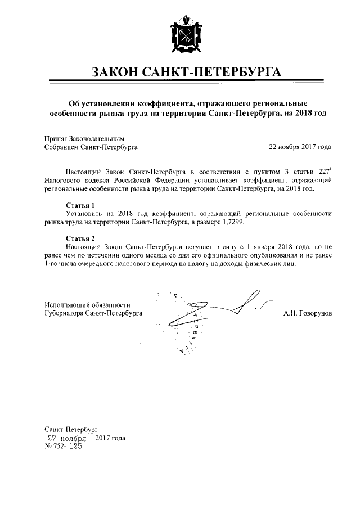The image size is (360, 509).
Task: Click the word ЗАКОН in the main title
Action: click(x=116, y=72)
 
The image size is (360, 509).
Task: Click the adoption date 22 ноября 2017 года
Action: click(x=300, y=147)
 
